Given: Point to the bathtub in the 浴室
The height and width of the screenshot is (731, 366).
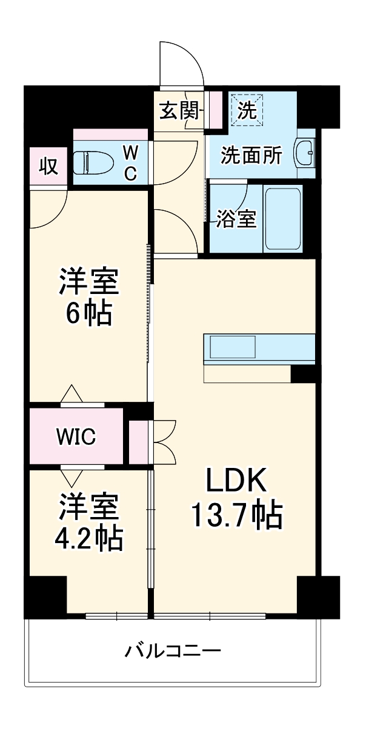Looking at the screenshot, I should pos(282,218).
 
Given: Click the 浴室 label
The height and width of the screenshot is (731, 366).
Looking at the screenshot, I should pos(236,219).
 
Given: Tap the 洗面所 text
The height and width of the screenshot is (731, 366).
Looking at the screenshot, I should pos(250,156).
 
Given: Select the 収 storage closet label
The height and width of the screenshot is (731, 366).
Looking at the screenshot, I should pos(48,165).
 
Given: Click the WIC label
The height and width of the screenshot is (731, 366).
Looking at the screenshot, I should pos(76,436).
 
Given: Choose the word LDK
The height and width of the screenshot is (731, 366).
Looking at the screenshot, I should pos(236,480).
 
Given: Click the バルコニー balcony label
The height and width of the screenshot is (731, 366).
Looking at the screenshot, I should pos(173,652).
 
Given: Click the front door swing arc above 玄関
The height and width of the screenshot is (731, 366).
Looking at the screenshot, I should pos(182,64).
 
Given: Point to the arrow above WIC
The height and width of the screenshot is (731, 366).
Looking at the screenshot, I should pos(72,393).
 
